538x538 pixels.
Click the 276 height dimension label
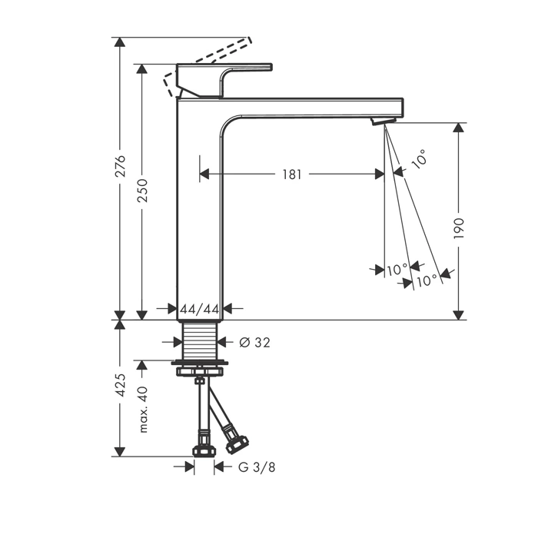click(x=120, y=166)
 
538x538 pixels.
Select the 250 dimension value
click(x=142, y=190)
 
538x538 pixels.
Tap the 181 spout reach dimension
click(x=292, y=174)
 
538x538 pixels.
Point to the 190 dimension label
click(x=459, y=228)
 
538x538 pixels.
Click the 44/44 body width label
click(x=200, y=310)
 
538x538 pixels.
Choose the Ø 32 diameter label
click(x=254, y=342)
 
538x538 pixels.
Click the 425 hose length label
click(x=120, y=385)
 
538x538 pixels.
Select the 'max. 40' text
click(x=143, y=410)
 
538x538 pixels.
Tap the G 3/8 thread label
click(x=257, y=467)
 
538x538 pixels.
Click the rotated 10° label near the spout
click(x=420, y=159)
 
